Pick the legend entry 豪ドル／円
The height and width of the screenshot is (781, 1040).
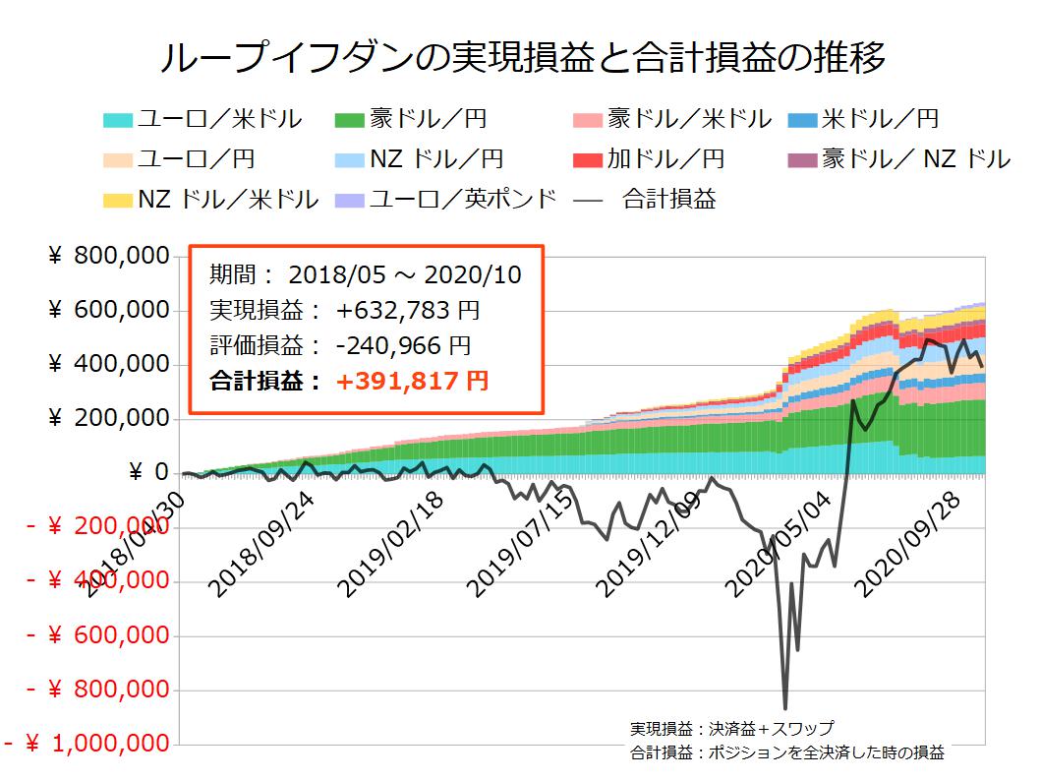428,120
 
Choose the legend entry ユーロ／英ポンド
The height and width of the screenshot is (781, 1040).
462,200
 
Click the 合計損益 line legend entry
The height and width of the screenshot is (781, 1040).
668,200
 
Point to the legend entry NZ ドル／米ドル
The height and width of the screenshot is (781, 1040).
227,200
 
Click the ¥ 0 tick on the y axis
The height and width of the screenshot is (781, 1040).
147,473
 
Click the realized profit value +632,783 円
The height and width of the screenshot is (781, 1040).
408,311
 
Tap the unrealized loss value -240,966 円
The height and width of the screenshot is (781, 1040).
402,345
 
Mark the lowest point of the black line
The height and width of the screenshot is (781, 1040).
784,707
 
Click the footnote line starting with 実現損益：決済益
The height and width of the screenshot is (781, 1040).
731,729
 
